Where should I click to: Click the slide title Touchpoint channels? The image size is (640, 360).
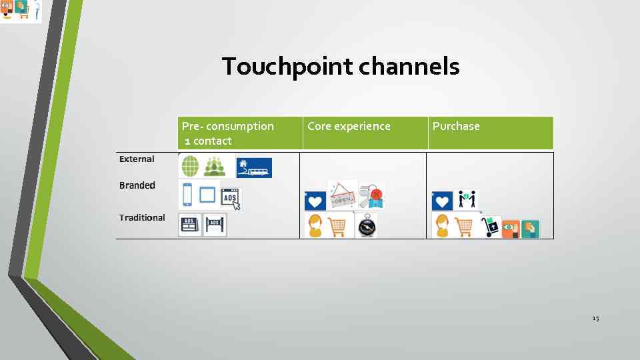(x=341, y=67)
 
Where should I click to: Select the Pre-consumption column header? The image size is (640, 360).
(x=227, y=133)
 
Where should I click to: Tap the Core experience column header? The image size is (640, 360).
(x=349, y=126)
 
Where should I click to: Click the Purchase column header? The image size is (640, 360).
(x=456, y=126)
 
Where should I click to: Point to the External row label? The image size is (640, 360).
(x=137, y=159)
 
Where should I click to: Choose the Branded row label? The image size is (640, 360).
(x=137, y=185)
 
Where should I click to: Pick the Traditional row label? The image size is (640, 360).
(x=142, y=217)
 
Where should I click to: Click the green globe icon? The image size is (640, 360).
(x=190, y=165)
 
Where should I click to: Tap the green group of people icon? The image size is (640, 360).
(x=215, y=165)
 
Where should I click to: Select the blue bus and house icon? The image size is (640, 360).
(x=254, y=167)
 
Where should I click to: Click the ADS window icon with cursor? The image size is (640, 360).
(x=231, y=199)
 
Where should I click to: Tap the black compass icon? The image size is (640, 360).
(x=366, y=226)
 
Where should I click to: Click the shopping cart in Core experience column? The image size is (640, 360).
(x=339, y=226)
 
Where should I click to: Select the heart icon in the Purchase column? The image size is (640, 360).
(x=442, y=200)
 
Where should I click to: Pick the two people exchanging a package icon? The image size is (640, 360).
(x=467, y=199)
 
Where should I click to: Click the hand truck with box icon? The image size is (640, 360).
(x=491, y=227)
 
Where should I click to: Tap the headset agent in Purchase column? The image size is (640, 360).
(x=442, y=225)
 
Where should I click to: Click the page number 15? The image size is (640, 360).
(x=595, y=319)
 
